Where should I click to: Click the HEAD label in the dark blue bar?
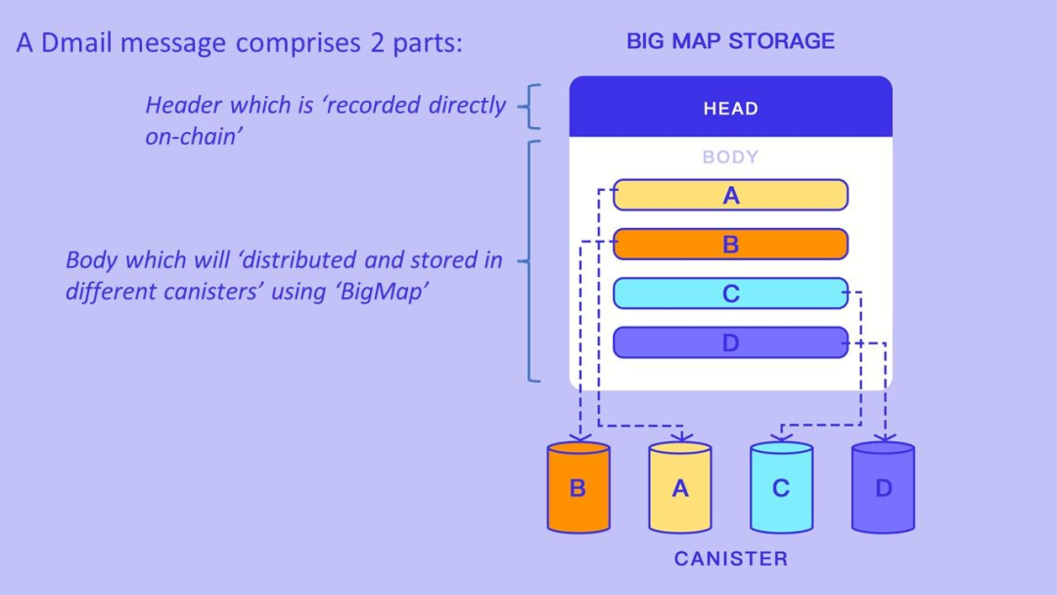(730, 109)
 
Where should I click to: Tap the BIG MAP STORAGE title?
(730, 41)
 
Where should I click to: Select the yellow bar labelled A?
(730, 196)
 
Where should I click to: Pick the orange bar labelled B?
(730, 245)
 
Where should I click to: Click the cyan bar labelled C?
(730, 294)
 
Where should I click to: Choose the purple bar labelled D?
(730, 343)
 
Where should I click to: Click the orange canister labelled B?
(577, 487)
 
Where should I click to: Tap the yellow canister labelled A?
(680, 487)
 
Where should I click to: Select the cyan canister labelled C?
(781, 487)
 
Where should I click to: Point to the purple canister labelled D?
(883, 487)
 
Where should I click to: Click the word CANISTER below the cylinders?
(730, 559)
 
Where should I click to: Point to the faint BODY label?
(730, 157)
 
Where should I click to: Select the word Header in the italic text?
(183, 105)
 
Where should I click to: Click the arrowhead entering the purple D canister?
(885, 437)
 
